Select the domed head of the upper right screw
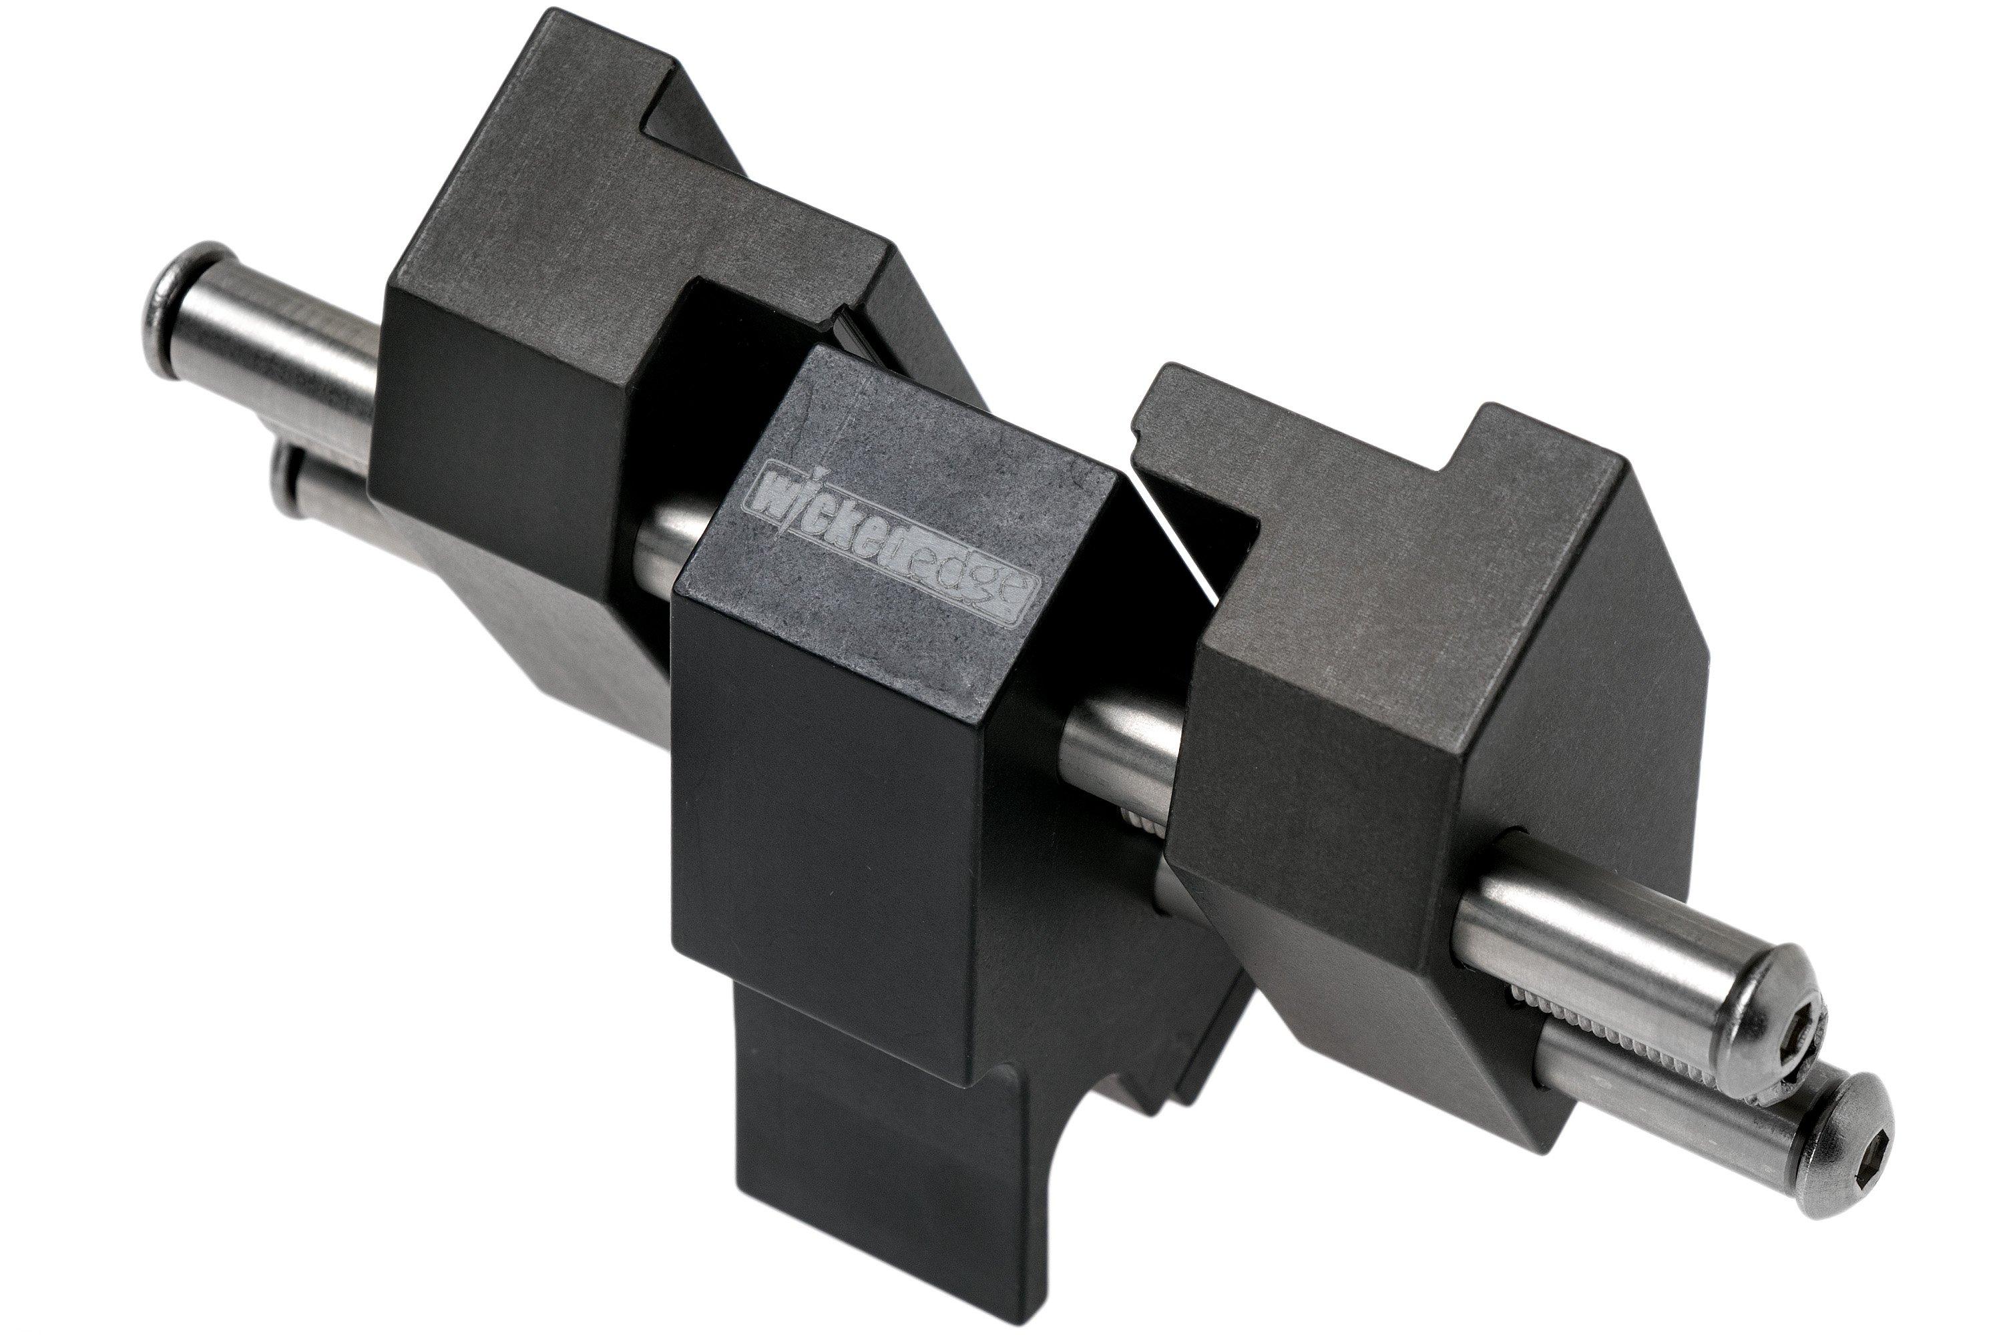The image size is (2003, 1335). click(1780, 1022)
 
